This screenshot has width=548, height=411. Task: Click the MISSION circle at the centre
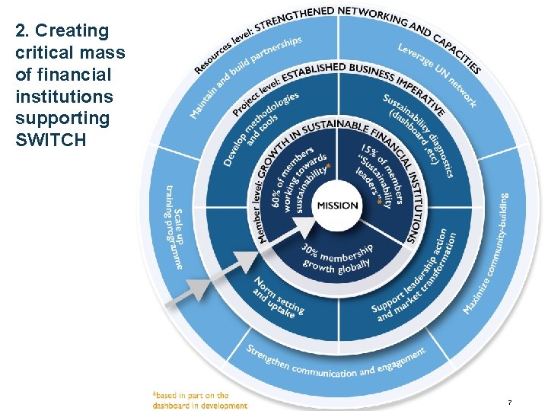pyautogui.click(x=337, y=205)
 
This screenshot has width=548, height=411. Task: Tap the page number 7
pyautogui.click(x=510, y=401)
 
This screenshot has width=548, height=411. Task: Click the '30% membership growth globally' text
pyautogui.click(x=337, y=257)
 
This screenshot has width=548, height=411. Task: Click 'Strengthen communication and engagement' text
pyautogui.click(x=335, y=362)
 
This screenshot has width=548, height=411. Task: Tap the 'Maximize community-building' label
pyautogui.click(x=487, y=255)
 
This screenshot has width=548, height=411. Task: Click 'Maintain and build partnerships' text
pyautogui.click(x=244, y=76)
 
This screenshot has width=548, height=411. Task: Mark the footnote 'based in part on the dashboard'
pyautogui.click(x=200, y=400)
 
